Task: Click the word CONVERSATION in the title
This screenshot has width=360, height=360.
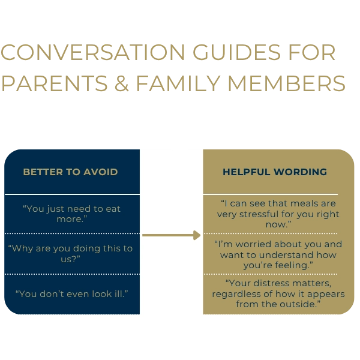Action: coord(93,52)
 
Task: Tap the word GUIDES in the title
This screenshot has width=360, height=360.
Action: coord(237,52)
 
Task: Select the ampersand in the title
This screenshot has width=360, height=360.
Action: coord(121,83)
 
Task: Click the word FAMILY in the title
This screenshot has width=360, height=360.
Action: coord(178,83)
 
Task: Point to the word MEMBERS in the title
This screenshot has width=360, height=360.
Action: coord(287,83)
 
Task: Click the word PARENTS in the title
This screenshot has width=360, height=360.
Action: coord(55,83)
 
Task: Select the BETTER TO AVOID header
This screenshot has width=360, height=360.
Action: coord(70,172)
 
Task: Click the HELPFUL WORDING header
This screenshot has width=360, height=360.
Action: coord(275,172)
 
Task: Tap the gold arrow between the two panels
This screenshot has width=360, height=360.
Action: coord(171,235)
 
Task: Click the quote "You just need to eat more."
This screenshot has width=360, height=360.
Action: coord(71,214)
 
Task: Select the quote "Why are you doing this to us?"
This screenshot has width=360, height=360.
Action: coord(70,254)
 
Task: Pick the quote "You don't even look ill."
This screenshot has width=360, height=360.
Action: coord(71,294)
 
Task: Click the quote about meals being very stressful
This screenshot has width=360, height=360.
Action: coord(278,214)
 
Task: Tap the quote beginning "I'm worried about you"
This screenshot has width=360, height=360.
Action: coord(278,254)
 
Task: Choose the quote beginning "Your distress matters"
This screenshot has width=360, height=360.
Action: coord(278,293)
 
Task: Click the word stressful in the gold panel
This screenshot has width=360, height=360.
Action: coord(259,214)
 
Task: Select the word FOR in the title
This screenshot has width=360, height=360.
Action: coord(312,52)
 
